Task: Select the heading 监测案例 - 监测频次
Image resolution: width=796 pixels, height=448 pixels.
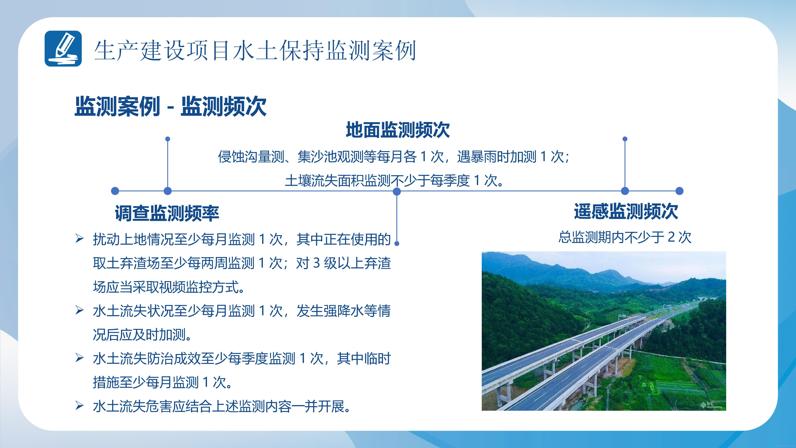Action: coord(170,106)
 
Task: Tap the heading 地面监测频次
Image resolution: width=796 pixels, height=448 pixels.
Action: coord(398,130)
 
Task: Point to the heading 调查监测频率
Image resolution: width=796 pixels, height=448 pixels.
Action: coord(167,213)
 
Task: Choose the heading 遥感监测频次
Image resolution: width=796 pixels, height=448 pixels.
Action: coord(626,211)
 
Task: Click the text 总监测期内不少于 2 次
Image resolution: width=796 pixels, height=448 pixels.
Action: coord(625,237)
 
